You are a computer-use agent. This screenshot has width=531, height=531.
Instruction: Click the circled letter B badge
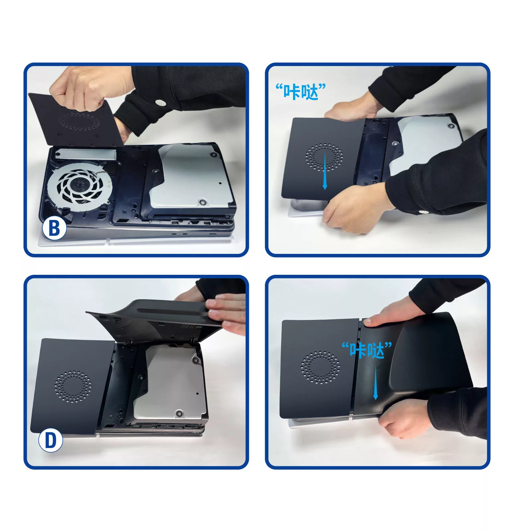[54, 228]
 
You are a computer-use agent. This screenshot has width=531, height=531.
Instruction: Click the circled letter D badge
[50, 440]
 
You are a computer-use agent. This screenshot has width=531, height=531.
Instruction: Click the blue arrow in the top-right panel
[325, 172]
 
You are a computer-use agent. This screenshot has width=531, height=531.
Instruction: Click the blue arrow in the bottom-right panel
[376, 383]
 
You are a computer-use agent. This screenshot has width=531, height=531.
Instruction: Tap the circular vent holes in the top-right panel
[324, 157]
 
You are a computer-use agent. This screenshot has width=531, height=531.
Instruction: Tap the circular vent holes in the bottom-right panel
[320, 367]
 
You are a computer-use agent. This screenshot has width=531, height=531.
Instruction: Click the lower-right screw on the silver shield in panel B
[201, 202]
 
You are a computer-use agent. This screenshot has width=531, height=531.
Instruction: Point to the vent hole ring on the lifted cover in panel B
[79, 121]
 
